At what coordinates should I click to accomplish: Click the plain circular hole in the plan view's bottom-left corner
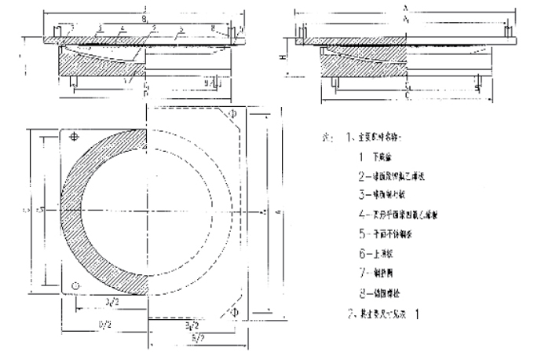[x=74, y=284]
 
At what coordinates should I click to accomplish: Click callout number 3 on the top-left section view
[x=101, y=28]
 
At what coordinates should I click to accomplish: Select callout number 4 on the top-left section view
[x=122, y=28]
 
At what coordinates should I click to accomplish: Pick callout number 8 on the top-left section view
[x=213, y=28]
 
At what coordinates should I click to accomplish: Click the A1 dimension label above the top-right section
[x=404, y=24]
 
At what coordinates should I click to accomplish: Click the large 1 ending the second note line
[x=419, y=313]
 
